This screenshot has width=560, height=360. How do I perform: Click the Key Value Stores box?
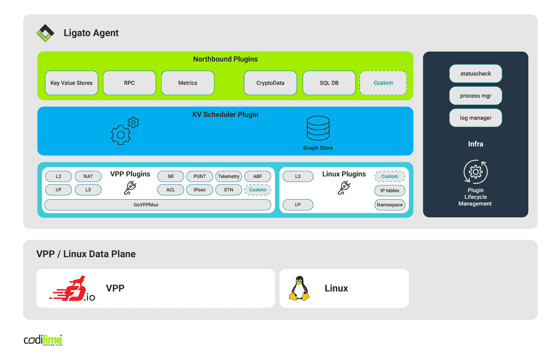pos(71,83)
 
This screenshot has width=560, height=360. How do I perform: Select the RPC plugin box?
pos(129,83)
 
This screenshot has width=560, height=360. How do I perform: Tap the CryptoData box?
pos(270,83)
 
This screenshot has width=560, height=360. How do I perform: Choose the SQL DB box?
pos(329,83)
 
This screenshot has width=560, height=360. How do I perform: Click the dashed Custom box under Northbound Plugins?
pos(383,83)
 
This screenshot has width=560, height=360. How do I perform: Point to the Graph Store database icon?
pos(318,128)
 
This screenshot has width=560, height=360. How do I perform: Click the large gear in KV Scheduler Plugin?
pos(120,135)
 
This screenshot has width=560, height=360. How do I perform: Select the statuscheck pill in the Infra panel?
pos(475,74)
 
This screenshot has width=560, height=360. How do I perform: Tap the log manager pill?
pos(475,118)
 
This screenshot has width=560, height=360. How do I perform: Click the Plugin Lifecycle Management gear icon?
pos(476,172)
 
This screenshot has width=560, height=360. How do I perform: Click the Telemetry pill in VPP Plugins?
pos(228,176)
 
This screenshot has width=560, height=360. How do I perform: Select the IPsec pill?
pos(200,190)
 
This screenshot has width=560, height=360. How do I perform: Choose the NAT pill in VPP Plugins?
pos(88,176)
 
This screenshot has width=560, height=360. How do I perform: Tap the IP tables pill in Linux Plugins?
pos(390,191)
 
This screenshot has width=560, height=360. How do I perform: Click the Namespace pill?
pos(390,205)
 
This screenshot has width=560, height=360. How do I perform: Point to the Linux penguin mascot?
pos(299,288)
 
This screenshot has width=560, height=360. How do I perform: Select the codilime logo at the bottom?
pos(43,340)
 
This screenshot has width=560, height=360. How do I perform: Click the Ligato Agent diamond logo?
pos(45,33)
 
